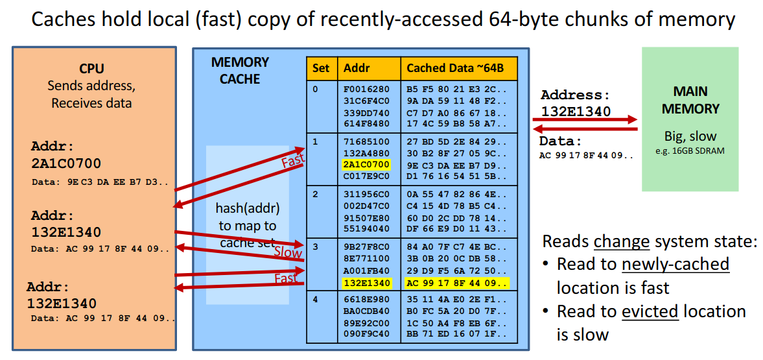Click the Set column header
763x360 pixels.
pyautogui.click(x=321, y=68)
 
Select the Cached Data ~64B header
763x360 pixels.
pyautogui.click(x=454, y=68)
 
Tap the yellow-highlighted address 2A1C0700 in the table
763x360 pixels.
pyautogui.click(x=366, y=165)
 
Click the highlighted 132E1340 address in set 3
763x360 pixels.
pyautogui.click(x=366, y=283)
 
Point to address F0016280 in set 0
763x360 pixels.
pyautogui.click(x=366, y=89)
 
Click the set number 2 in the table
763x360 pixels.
pyautogui.click(x=316, y=194)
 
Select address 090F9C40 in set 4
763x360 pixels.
pyautogui.click(x=366, y=333)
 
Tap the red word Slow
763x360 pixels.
pyautogui.click(x=287, y=252)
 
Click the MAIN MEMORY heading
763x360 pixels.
pyautogui.click(x=690, y=100)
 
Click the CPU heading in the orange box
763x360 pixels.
pyautogui.click(x=91, y=69)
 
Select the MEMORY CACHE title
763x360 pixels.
pyautogui.click(x=240, y=71)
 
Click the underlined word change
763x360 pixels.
pyautogui.click(x=621, y=242)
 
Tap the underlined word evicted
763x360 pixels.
pyautogui.click(x=650, y=311)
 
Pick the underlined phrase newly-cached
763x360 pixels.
pyautogui.click(x=675, y=265)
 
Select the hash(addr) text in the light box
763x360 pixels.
pyautogui.click(x=247, y=210)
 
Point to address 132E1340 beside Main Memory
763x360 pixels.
pyautogui.click(x=576, y=111)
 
